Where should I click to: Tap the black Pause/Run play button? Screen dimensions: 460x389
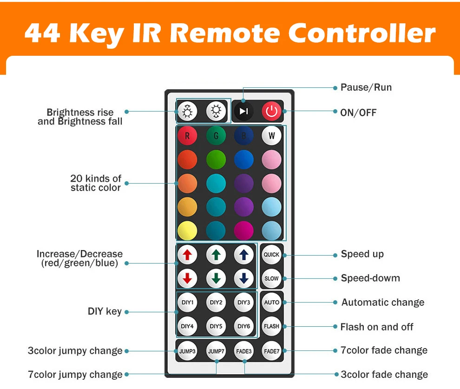pyautogui.click(x=243, y=111)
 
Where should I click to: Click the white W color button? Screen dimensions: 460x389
pyautogui.click(x=271, y=136)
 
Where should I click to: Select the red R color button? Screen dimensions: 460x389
pyautogui.click(x=187, y=136)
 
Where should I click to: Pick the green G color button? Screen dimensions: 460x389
pyautogui.click(x=216, y=136)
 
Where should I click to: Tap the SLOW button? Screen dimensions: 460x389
pyautogui.click(x=271, y=278)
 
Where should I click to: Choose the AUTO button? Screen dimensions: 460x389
pyautogui.click(x=271, y=303)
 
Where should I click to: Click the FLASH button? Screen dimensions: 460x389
pyautogui.click(x=271, y=326)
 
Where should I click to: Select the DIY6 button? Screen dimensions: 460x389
pyautogui.click(x=243, y=326)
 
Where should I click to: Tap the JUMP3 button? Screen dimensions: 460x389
pyautogui.click(x=187, y=351)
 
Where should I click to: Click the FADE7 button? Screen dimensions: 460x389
pyautogui.click(x=271, y=351)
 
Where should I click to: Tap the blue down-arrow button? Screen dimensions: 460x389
pyautogui.click(x=243, y=278)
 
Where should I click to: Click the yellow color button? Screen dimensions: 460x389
pyautogui.click(x=187, y=231)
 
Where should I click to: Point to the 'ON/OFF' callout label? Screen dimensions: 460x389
pyautogui.click(x=358, y=112)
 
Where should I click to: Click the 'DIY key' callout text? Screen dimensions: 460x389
pyautogui.click(x=105, y=311)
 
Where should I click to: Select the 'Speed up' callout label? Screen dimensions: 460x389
pyautogui.click(x=362, y=254)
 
